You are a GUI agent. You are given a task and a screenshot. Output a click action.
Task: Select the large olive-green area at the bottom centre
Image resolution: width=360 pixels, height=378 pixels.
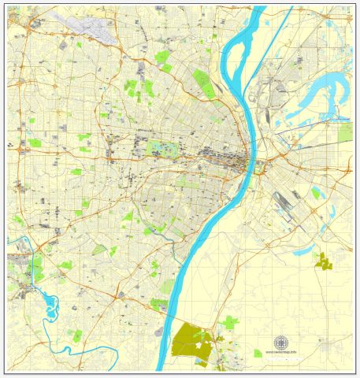coord(189,339)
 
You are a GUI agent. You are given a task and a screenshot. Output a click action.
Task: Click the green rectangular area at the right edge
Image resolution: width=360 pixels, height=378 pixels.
coord(345,132)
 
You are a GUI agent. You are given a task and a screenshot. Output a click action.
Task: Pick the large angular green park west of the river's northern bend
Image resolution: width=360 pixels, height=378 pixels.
coord(202,82)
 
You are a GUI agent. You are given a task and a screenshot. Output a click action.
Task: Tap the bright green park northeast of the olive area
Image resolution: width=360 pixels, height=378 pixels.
coord(229,322)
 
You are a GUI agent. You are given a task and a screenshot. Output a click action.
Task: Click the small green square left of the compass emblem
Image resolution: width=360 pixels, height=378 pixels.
coord(257,353)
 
